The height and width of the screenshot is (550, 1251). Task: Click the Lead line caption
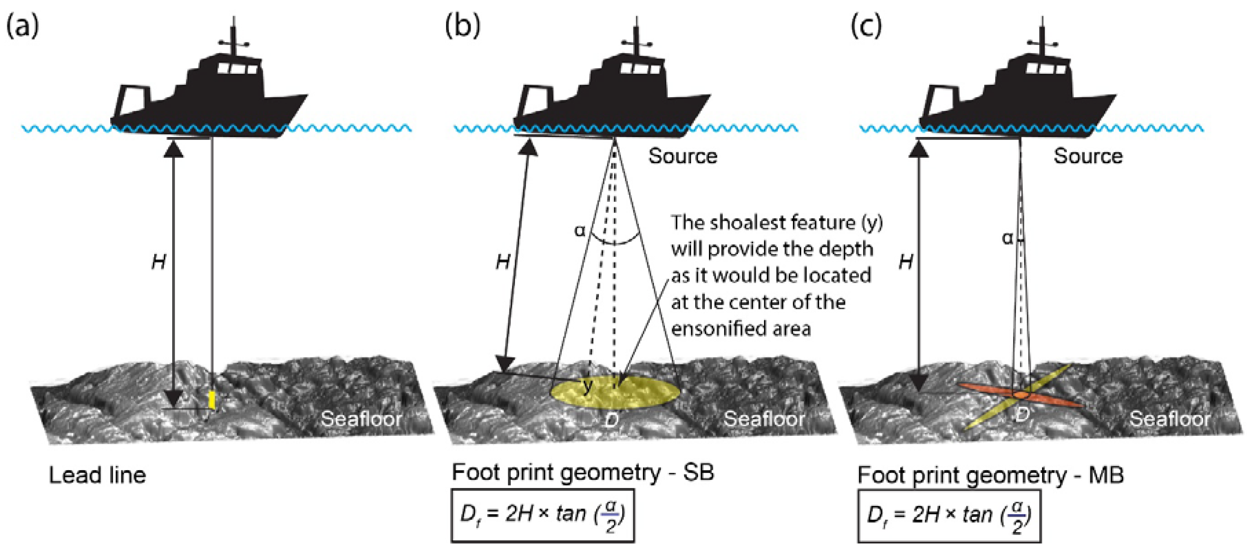(97, 475)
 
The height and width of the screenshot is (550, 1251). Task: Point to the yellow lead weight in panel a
(211, 399)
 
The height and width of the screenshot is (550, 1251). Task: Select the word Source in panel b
(683, 156)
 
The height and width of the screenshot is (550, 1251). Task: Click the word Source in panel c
(1088, 156)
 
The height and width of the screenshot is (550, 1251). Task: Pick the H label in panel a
(159, 263)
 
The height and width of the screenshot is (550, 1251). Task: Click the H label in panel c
(906, 263)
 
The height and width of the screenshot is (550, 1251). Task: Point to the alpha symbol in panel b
(580, 230)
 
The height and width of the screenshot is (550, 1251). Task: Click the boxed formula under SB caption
(542, 515)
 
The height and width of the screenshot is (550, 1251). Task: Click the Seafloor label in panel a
(361, 419)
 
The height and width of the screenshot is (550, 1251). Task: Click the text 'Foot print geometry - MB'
(990, 475)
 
